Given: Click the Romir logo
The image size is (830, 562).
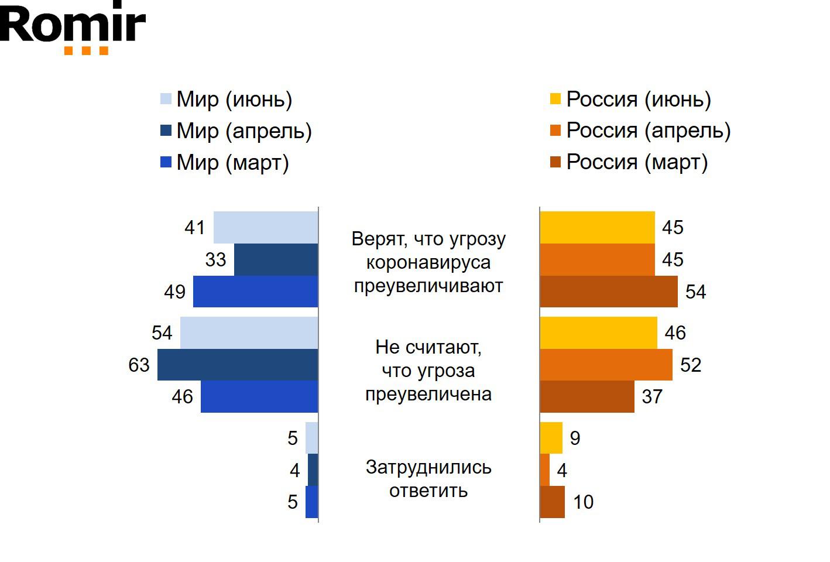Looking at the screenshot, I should click(x=73, y=27).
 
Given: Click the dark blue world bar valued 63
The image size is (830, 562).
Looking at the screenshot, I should click(x=238, y=365).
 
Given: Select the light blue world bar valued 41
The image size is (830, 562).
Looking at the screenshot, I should click(x=266, y=227).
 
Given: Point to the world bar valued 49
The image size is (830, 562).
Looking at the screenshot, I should click(x=255, y=292).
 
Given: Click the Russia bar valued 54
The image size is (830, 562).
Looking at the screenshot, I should click(x=609, y=292).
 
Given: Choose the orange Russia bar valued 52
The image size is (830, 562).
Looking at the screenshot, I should click(x=606, y=365).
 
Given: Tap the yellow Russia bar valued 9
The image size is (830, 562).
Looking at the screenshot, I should click(x=551, y=438).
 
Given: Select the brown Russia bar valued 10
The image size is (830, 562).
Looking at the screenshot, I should click(x=552, y=502).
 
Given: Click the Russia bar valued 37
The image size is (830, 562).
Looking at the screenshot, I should click(x=587, y=397).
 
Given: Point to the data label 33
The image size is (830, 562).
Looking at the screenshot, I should click(x=215, y=259).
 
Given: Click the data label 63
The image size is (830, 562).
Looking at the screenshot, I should click(x=139, y=365).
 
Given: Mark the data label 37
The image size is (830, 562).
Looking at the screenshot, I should click(x=652, y=397).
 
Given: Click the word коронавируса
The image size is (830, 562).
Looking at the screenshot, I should click(x=428, y=262).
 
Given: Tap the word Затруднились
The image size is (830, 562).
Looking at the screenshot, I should click(x=428, y=467).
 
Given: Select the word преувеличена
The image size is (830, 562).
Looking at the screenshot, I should click(x=428, y=394).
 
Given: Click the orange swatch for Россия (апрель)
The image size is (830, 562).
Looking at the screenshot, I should click(x=555, y=131).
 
